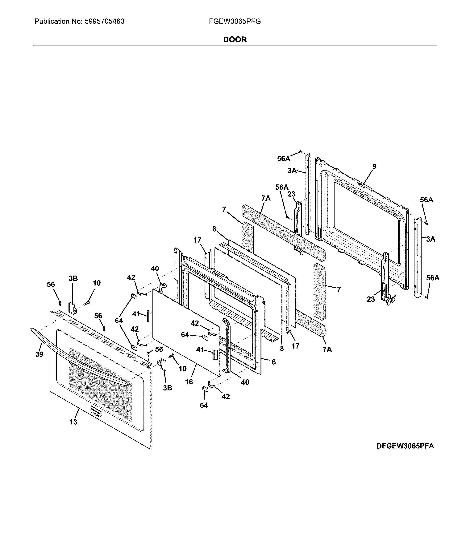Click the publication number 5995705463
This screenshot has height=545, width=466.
[104, 22]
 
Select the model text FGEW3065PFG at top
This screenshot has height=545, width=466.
[235, 22]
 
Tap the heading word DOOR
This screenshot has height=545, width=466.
[235, 40]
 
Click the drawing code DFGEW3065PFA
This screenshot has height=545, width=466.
[405, 446]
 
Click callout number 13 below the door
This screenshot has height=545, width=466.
[73, 422]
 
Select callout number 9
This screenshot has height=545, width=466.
[374, 167]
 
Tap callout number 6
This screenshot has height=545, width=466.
[273, 362]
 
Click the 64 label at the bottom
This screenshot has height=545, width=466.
[204, 405]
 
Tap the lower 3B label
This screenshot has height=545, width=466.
[168, 388]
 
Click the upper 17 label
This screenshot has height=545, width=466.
[197, 240]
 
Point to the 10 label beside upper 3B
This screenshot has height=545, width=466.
[97, 283]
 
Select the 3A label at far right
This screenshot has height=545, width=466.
[431, 239]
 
